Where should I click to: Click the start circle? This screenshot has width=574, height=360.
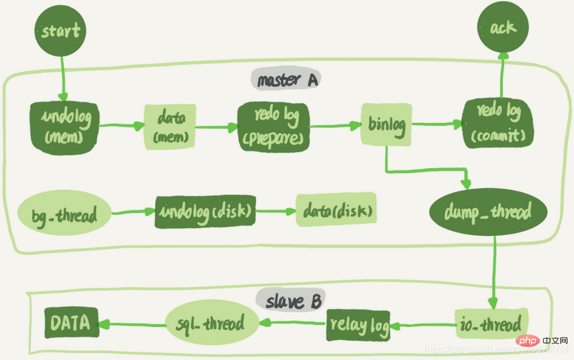(x=61, y=31)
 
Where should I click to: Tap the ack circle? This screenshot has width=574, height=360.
(x=503, y=27)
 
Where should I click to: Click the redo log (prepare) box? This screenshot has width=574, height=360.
(x=273, y=125)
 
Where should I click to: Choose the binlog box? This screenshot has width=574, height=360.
(x=386, y=125)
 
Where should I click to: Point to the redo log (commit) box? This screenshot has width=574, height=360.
(x=498, y=123)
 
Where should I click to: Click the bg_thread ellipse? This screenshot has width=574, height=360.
(x=64, y=214)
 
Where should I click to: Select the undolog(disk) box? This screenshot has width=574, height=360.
(x=206, y=211)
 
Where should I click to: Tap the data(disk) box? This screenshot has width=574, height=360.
(x=336, y=210)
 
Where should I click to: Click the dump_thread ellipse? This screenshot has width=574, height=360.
(x=488, y=211)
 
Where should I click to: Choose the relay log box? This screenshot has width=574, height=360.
(x=358, y=325)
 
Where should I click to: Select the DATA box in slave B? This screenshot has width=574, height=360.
(x=71, y=322)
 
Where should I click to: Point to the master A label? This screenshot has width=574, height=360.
(x=285, y=79)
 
